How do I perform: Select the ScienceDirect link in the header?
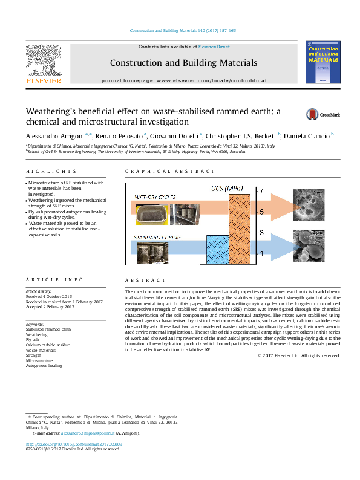[214, 47]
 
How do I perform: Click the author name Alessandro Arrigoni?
[51, 135]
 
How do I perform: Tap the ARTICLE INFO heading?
[46, 280]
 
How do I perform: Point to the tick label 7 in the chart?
[261, 191]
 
